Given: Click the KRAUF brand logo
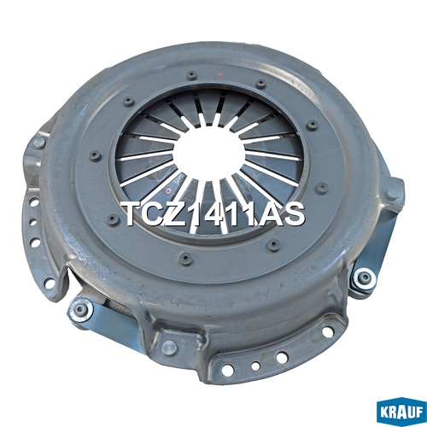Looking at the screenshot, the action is click(401, 412).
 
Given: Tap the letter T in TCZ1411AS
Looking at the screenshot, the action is click(132, 214).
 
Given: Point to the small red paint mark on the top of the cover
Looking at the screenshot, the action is click(219, 74).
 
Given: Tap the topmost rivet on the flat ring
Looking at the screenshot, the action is click(192, 75).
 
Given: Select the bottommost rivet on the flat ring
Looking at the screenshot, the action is click(186, 259).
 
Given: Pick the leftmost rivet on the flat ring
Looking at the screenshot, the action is click(95, 155).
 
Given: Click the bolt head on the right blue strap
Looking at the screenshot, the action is click(364, 278).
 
